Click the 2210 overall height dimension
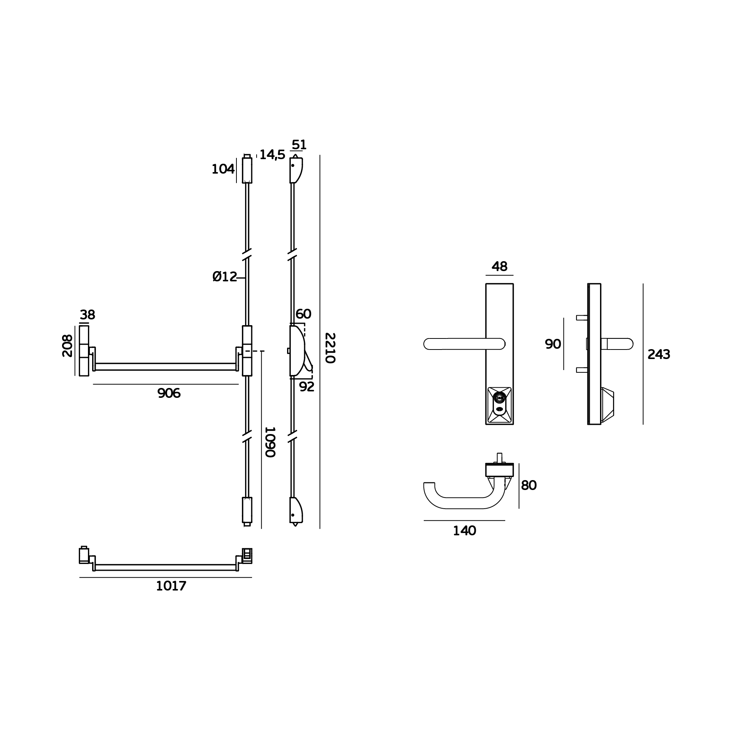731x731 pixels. pyautogui.click(x=330, y=348)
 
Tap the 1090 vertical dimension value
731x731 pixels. pyautogui.click(x=270, y=442)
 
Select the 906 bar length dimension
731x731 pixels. pyautogui.click(x=169, y=394)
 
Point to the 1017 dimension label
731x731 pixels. pyautogui.click(x=171, y=586)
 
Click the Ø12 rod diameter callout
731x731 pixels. pyautogui.click(x=225, y=277)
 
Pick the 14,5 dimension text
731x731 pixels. pyautogui.click(x=272, y=155)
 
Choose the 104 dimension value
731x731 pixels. pyautogui.click(x=223, y=169)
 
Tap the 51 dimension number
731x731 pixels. pyautogui.click(x=299, y=145)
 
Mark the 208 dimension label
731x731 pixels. pyautogui.click(x=67, y=346)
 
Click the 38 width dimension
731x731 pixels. pyautogui.click(x=87, y=315)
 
